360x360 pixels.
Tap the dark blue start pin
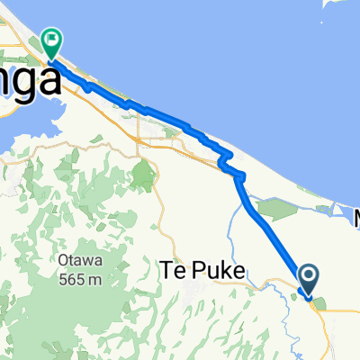click(x=308, y=278)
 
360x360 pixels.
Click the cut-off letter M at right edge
click(x=354, y=219)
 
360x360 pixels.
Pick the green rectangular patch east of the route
click(x=279, y=208)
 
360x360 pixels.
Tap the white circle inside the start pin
click(x=308, y=275)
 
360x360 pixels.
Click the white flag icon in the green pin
click(x=52, y=39)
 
